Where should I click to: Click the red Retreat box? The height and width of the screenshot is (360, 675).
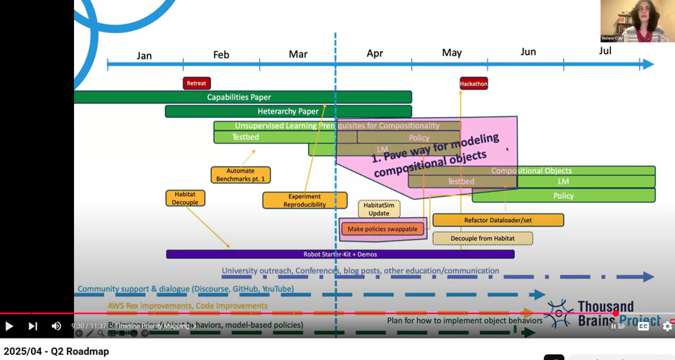coord(197,83)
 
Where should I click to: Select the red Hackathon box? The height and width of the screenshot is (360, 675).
coord(473,83)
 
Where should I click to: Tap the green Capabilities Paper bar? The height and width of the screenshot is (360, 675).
coord(239,97)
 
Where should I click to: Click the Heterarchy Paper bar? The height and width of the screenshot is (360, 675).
coord(288,111)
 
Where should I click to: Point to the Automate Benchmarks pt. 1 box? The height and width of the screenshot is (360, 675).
coord(241,175)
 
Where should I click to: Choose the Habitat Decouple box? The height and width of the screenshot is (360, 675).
coord(185,198)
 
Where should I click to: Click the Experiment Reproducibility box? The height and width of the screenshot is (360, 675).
coord(304,200)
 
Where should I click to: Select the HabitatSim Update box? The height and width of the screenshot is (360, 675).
coord(379,209)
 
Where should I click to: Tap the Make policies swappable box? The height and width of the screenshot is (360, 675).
coord(382,229)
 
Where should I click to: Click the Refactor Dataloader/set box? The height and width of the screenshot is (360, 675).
coord(498,220)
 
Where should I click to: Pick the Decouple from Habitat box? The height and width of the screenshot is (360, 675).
coord(483,239)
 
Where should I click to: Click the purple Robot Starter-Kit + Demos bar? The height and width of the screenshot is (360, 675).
coord(340,254)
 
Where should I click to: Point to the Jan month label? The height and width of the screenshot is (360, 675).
coord(144,55)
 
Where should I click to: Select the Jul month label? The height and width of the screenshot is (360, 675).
coord(605,51)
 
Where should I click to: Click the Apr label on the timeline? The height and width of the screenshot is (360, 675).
coord(375,53)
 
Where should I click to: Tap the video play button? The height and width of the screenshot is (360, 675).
coord(9,326)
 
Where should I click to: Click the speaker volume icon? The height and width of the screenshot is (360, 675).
coord(56,326)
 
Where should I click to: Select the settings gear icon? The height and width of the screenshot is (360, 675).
coord(667,326)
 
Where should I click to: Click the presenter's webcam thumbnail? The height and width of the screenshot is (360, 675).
coord(637,21)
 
